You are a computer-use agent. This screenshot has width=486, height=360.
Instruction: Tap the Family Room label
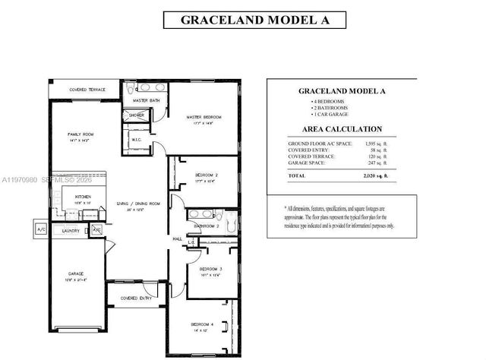[79, 134]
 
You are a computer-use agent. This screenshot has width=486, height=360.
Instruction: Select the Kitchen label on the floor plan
[84, 197]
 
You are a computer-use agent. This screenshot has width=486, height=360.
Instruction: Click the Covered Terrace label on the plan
[87, 90]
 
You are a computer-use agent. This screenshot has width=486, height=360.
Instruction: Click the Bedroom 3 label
[210, 269]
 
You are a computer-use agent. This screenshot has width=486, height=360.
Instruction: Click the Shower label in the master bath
[137, 115]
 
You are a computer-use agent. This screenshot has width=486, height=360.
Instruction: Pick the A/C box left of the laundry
[39, 229]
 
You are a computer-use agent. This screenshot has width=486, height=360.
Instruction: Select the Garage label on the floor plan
[75, 273]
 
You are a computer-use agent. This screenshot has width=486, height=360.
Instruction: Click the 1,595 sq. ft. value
[376, 144]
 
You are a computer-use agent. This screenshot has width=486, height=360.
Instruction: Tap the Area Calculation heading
[342, 129]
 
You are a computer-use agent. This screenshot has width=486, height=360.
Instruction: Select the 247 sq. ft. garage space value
[378, 163]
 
